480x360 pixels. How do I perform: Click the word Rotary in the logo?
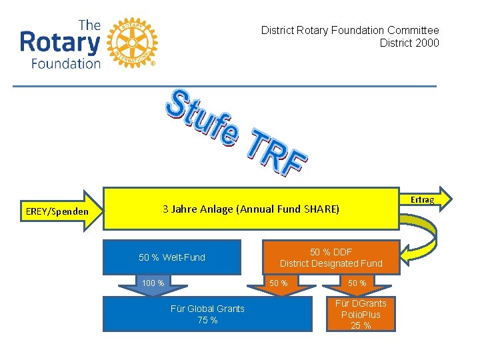coord(60,43)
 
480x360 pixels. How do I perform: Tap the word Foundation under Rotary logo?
coord(66,63)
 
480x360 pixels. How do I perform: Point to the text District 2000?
coord(409,43)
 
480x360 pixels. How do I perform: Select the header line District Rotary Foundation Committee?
coord(350,30)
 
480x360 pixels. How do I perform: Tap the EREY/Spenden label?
coord(57,212)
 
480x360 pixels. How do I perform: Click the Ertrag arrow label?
coord(423,199)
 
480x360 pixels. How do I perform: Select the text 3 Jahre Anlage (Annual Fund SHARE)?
coord(251,209)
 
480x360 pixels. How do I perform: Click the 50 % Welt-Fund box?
coord(172,257)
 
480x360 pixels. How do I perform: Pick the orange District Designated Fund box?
coord(331,257)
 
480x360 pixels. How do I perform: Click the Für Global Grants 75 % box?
coord(207,314)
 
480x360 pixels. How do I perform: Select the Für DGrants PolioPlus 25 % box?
coord(361,314)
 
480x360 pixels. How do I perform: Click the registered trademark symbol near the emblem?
coord(153,64)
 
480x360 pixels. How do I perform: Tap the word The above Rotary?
coord(89,25)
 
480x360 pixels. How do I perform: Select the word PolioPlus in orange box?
coord(361,314)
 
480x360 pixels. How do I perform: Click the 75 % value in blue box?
coord(207,320)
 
